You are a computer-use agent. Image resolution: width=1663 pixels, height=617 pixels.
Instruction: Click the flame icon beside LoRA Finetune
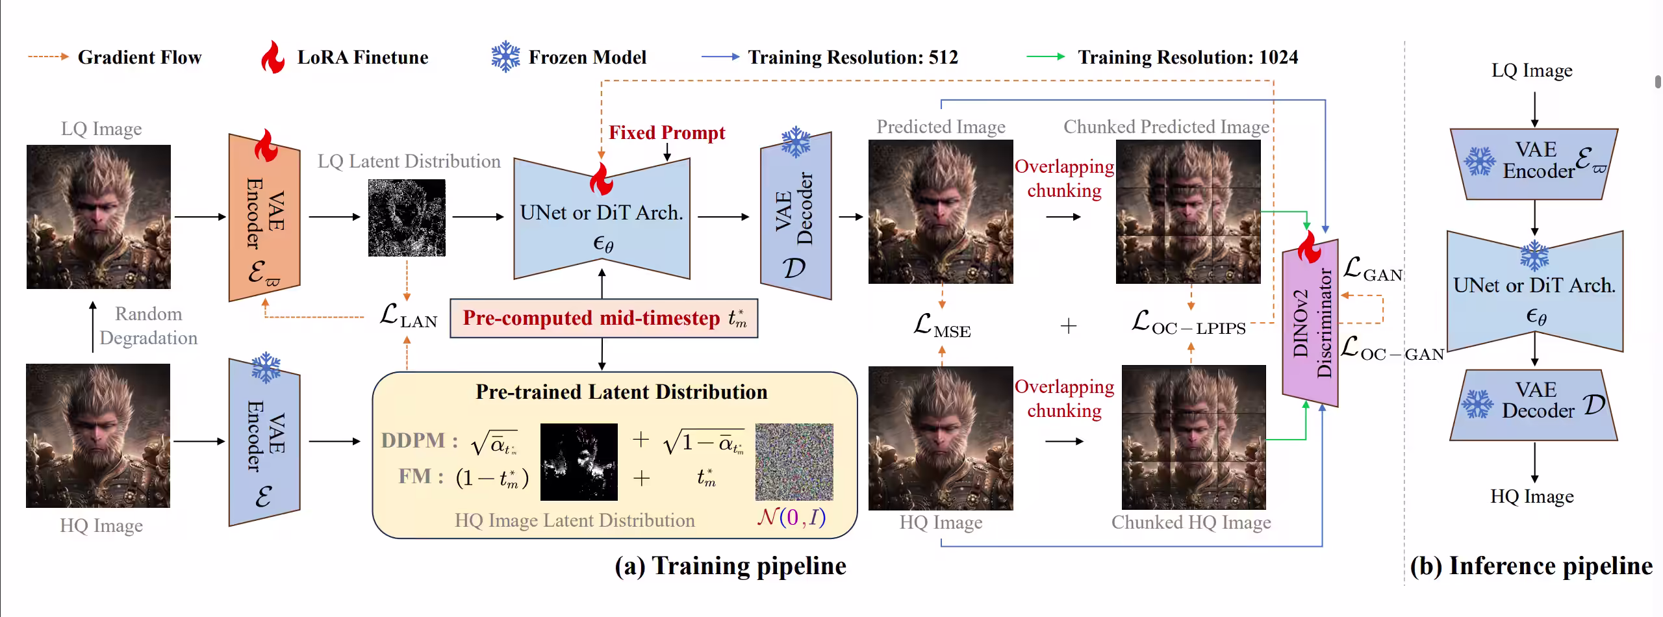point(273,57)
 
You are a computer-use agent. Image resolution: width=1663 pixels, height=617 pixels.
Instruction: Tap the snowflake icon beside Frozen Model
point(505,57)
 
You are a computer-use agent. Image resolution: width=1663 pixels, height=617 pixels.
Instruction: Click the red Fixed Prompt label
point(666,132)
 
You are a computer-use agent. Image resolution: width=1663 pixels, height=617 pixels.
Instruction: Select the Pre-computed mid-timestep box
point(603,318)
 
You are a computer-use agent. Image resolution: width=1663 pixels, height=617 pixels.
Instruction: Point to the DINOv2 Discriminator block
point(1310,323)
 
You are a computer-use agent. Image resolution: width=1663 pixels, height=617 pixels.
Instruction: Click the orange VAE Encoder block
point(264,218)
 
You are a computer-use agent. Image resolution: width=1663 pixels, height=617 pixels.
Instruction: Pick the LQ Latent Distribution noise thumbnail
point(407,218)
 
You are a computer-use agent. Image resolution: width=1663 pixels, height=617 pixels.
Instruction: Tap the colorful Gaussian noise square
point(794,462)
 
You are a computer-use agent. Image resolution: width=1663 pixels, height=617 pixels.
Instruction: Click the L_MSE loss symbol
point(941,325)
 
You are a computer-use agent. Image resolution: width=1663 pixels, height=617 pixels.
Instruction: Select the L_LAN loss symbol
point(408,316)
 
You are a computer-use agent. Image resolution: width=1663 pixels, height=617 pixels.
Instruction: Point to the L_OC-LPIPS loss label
point(1188,323)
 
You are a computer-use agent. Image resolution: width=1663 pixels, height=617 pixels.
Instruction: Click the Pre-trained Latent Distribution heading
point(621,392)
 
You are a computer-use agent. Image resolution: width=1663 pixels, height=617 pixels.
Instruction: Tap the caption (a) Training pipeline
point(730,566)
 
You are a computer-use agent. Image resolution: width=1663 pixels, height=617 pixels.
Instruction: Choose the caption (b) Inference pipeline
point(1530,566)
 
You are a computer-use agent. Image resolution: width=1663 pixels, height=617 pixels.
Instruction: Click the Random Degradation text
point(149,326)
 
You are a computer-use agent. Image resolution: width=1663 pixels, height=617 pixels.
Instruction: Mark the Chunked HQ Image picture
point(1193,437)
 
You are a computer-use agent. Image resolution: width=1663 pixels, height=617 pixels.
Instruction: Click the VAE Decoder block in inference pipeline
point(1534,405)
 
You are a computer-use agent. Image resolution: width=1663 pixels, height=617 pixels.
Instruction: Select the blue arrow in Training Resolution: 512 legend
point(720,57)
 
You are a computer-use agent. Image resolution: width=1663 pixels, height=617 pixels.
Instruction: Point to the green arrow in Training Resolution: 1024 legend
point(1045,57)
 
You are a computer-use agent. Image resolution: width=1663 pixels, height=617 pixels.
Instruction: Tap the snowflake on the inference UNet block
point(1534,255)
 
